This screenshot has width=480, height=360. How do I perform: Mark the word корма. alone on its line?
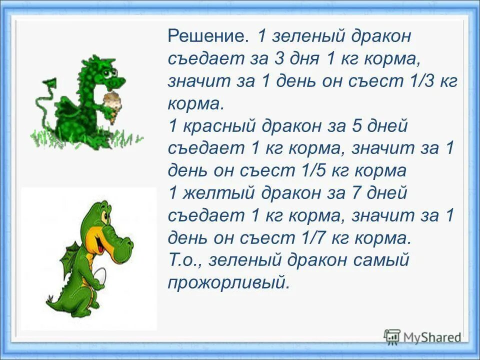195,104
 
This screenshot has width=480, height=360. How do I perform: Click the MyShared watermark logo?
423,336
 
